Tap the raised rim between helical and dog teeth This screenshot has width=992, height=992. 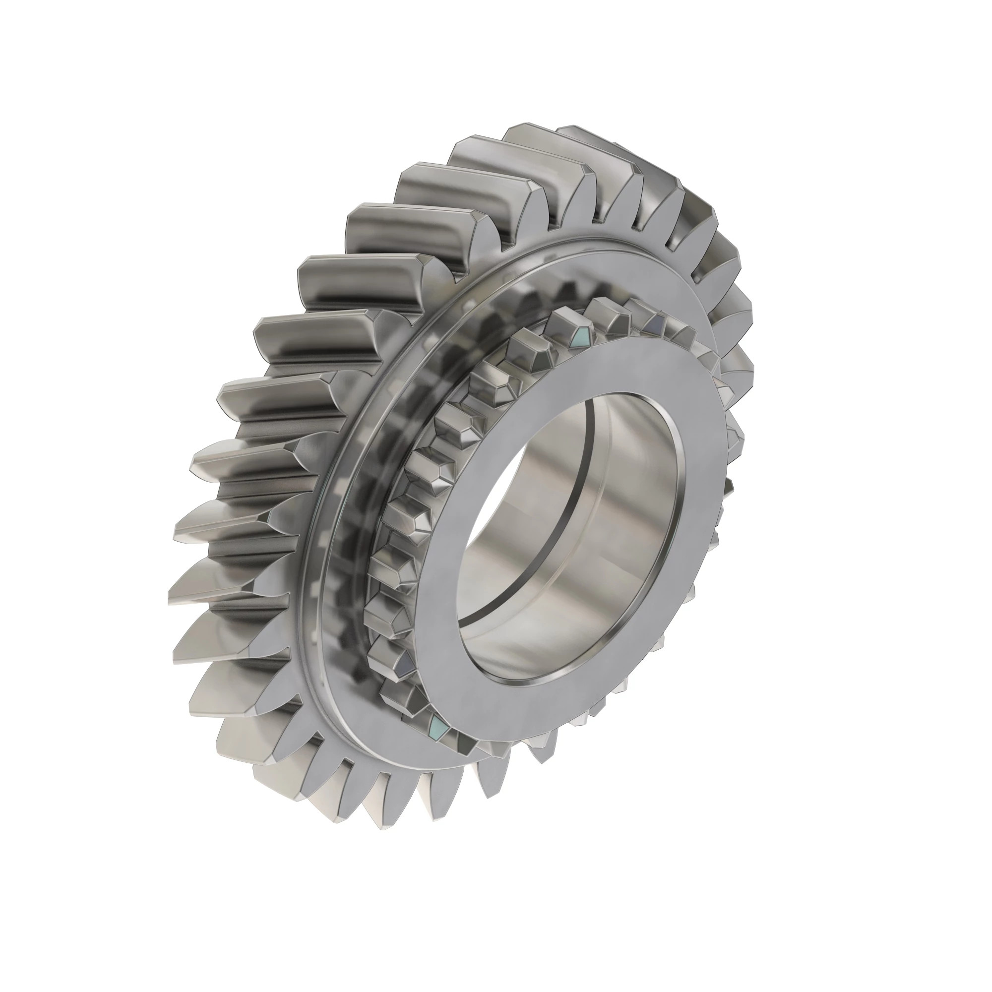click(x=329, y=513)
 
